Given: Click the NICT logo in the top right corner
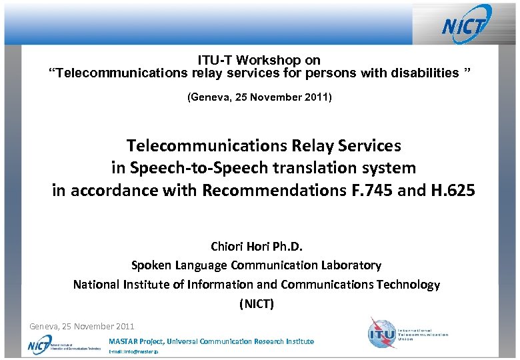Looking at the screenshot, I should (x=467, y=25).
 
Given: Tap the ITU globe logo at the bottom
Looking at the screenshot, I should (x=382, y=331).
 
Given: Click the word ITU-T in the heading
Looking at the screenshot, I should (x=214, y=60).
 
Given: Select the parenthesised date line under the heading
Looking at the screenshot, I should (x=260, y=97).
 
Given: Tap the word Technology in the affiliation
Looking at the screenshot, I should (x=408, y=285).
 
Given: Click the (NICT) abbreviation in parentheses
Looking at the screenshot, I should (x=257, y=305).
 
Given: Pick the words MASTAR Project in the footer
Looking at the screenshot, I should (x=135, y=341).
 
